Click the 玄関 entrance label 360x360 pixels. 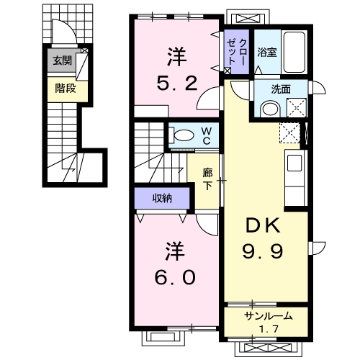63,60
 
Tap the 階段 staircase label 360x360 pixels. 66,89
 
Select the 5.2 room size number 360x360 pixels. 177,83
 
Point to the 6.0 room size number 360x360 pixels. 175,277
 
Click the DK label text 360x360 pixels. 263,225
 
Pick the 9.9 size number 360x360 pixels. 263,251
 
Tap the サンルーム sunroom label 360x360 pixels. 269,316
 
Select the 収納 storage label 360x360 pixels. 163,198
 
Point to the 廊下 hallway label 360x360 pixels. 207,179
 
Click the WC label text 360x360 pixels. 207,136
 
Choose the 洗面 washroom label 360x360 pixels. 281,89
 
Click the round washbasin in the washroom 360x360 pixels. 271,109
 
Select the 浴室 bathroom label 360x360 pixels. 267,52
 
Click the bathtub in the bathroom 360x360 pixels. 294,52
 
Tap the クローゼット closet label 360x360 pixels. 237,52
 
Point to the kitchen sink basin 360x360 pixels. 294,163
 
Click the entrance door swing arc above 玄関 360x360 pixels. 68,27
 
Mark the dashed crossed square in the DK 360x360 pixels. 290,132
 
